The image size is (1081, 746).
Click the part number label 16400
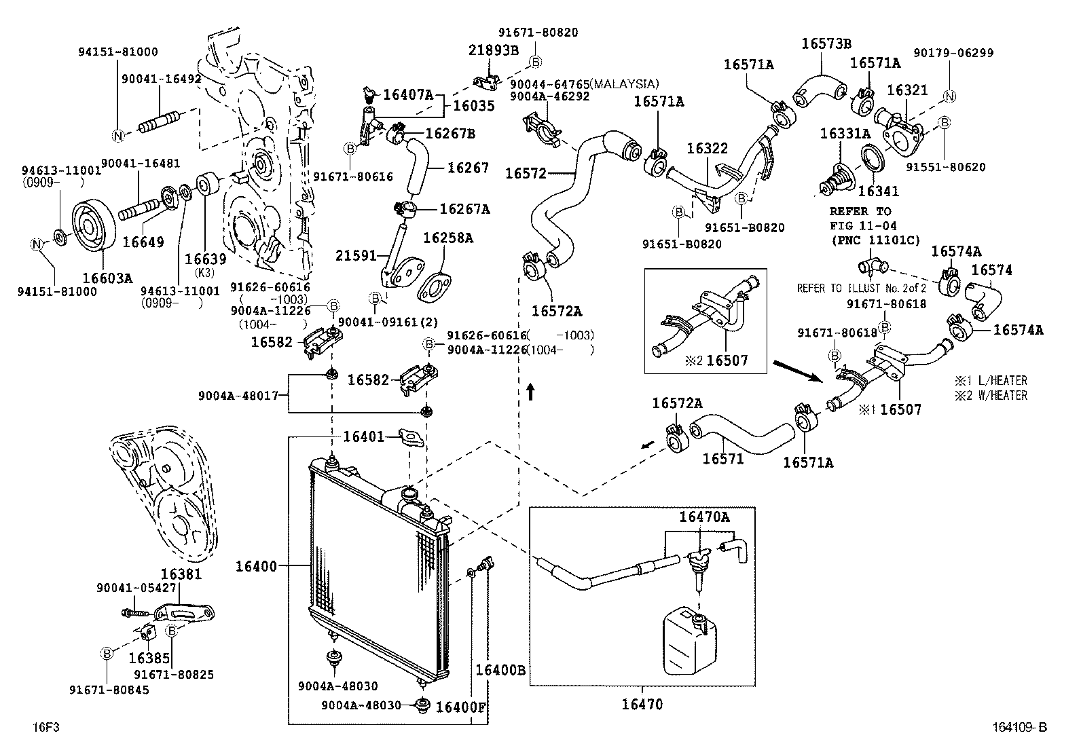pos(256,567)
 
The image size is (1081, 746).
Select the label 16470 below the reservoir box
pos(642,705)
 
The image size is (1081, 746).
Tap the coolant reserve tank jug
pos(689,641)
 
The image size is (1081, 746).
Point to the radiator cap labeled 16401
pos(411,438)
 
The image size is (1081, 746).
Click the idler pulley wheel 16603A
pos(94,225)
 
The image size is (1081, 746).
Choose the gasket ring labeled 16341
pos(873,159)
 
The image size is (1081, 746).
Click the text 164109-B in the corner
pos(1019,727)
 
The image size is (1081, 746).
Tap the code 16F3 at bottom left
pos(46,727)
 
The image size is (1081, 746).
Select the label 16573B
pos(826,43)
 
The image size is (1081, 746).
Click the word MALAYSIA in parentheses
pos(625,84)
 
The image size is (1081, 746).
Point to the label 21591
pos(356,255)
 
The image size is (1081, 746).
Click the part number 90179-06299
pos(953,52)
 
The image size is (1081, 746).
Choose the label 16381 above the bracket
pos(181,574)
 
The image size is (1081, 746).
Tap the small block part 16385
pos(148,633)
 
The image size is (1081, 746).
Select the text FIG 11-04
pos(863,225)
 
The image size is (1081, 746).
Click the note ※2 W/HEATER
pos(991,395)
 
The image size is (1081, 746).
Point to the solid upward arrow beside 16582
pos(530,392)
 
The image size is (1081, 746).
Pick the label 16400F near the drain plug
pos(460,707)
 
